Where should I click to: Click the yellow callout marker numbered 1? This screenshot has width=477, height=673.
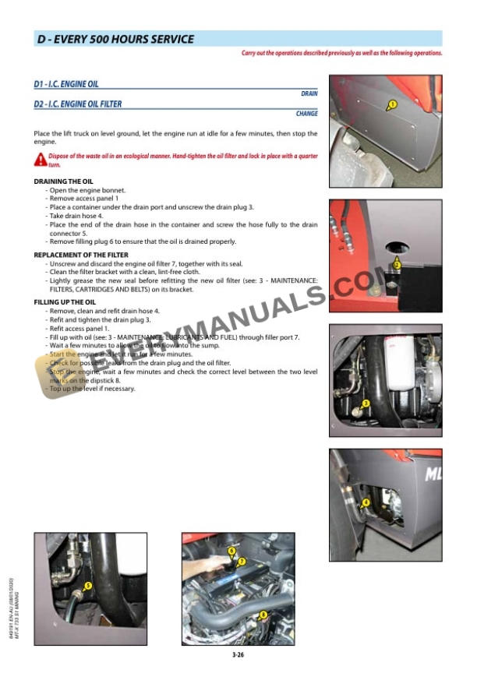(x=392, y=104)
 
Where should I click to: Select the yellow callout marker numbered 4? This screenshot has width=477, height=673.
(x=366, y=502)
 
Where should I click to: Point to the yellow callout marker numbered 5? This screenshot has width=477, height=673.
(x=87, y=585)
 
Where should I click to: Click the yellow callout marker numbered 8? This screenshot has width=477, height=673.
(x=263, y=615)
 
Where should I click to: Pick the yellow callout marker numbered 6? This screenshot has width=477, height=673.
(x=231, y=551)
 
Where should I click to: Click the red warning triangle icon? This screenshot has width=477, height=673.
(x=41, y=160)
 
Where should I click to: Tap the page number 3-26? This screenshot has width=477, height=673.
(x=238, y=655)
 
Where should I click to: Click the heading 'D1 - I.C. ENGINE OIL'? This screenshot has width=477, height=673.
(x=66, y=84)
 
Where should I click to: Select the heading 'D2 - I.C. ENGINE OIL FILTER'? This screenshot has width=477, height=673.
(x=78, y=104)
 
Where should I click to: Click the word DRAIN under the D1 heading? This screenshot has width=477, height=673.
(x=309, y=93)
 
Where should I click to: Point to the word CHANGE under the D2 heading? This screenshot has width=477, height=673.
(x=306, y=114)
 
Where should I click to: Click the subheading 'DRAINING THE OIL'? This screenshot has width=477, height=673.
(x=63, y=181)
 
